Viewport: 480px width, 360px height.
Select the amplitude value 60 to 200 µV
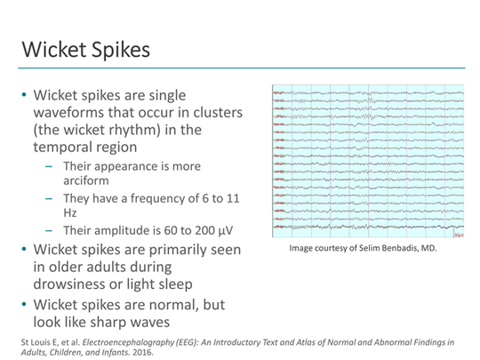point(189,230)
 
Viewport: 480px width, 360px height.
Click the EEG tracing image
point(366,162)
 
